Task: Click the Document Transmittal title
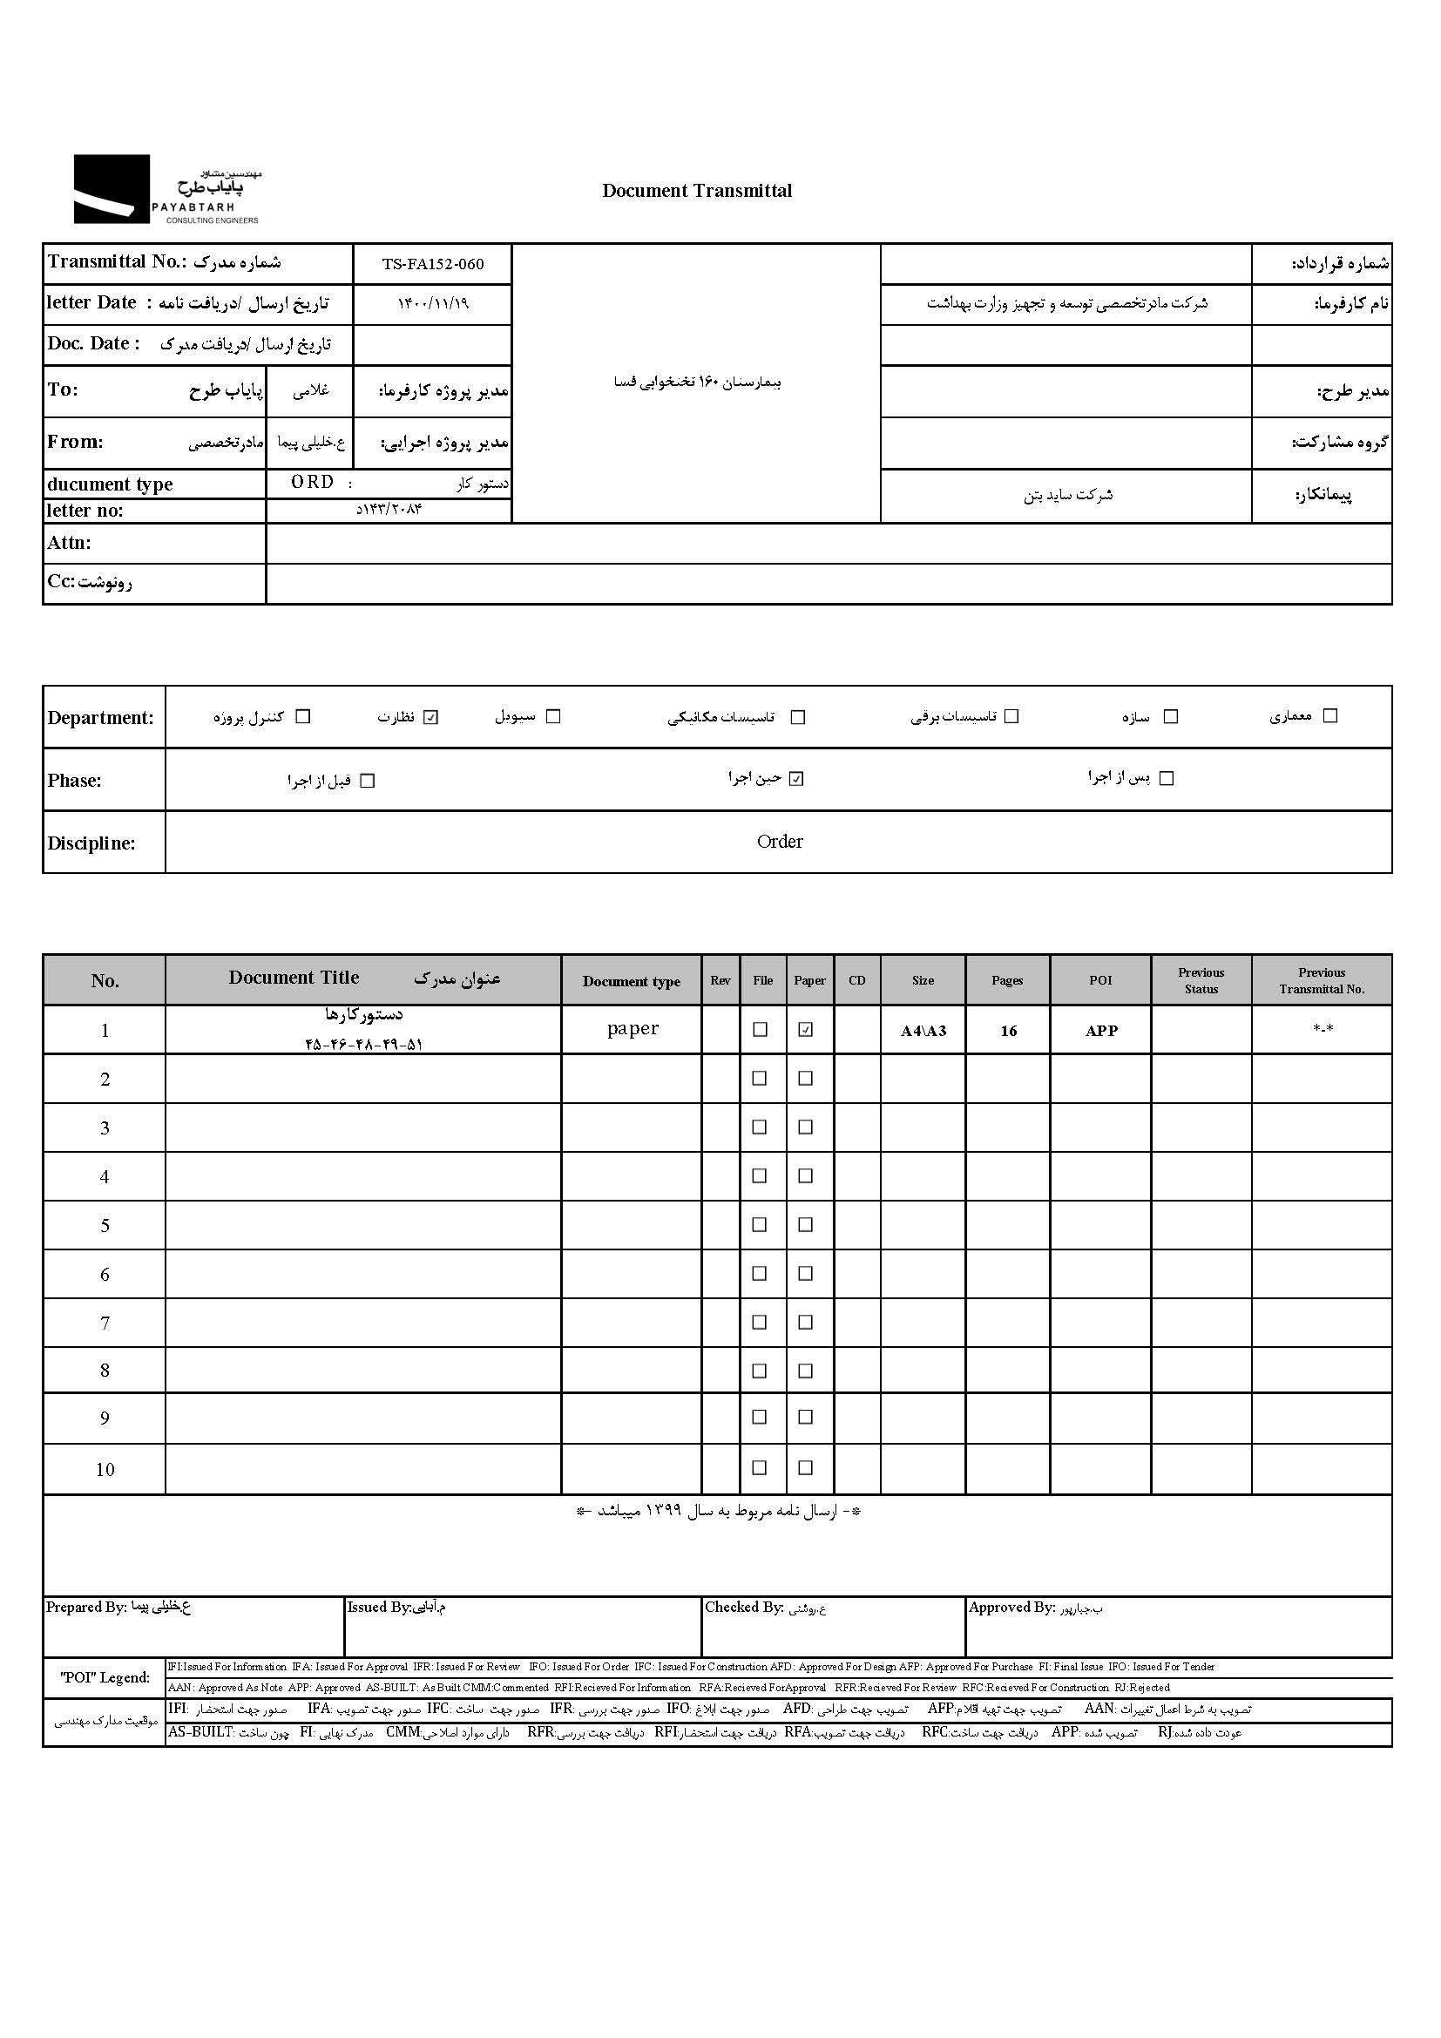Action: click(697, 191)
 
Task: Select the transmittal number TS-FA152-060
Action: click(433, 264)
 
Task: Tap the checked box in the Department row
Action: click(431, 717)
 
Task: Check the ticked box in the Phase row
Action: click(797, 779)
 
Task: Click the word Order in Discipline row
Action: click(779, 842)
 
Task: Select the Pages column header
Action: click(1007, 980)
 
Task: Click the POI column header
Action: click(1100, 980)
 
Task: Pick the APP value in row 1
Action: click(1101, 1031)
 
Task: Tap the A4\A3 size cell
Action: click(923, 1031)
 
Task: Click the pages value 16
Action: click(1008, 1031)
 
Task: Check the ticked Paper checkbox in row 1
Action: click(806, 1030)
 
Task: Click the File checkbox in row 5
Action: click(760, 1225)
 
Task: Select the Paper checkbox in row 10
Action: click(806, 1468)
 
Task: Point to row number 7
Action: click(105, 1324)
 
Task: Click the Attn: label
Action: click(69, 543)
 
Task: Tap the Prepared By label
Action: click(86, 1607)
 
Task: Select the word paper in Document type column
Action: click(633, 1029)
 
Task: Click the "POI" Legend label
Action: click(105, 1676)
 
